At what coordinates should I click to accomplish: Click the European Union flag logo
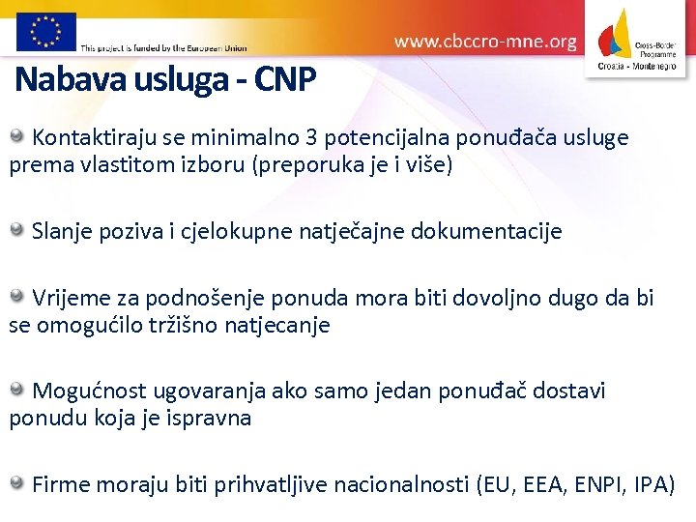(45, 31)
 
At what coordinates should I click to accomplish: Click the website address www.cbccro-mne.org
(485, 42)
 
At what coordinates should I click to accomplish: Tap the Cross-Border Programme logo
(639, 39)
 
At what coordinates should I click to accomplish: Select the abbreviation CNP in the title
(285, 78)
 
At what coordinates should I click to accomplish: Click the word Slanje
(61, 232)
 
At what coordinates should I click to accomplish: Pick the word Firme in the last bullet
(61, 484)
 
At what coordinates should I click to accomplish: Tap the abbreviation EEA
(546, 484)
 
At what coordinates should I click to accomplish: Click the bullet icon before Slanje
(18, 230)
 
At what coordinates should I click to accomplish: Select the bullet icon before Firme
(18, 482)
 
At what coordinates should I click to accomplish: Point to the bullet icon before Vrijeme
(18, 296)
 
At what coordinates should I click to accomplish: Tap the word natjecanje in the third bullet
(281, 326)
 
